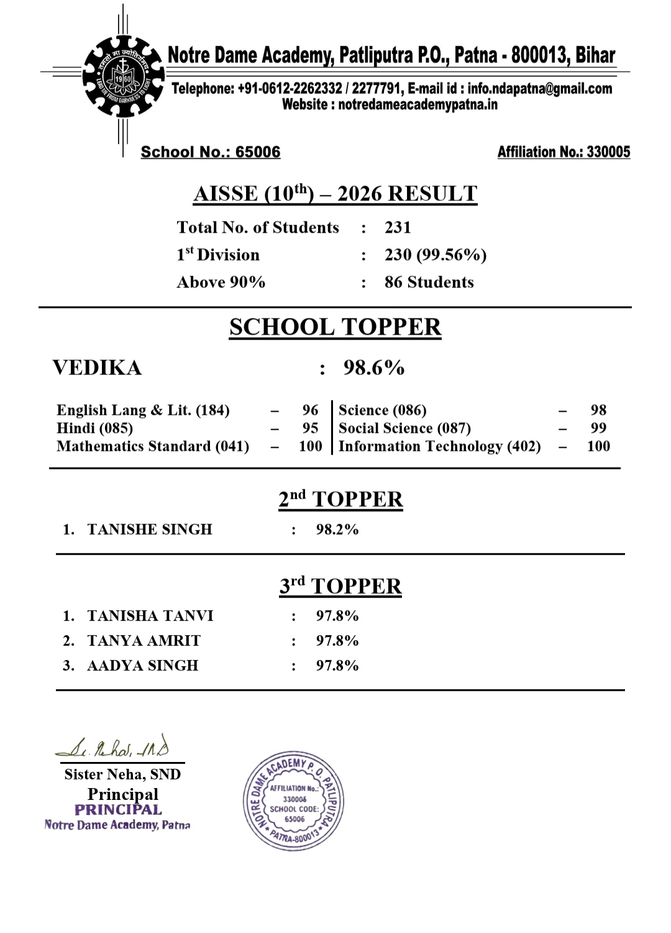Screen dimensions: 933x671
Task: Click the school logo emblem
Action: pyautogui.click(x=123, y=76)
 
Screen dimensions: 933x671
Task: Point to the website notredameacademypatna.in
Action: pyautogui.click(x=418, y=104)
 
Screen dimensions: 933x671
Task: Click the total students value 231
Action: pyautogui.click(x=398, y=228)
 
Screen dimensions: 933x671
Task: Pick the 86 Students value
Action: pyautogui.click(x=429, y=282)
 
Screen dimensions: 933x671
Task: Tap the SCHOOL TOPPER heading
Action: pyautogui.click(x=335, y=327)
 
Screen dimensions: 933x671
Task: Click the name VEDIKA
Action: pyautogui.click(x=97, y=368)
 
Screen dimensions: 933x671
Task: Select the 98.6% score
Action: pyautogui.click(x=374, y=368)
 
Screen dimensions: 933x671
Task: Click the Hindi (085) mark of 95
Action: pyautogui.click(x=310, y=428)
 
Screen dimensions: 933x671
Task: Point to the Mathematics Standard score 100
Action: pyautogui.click(x=310, y=446)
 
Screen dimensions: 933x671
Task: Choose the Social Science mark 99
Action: pyautogui.click(x=598, y=428)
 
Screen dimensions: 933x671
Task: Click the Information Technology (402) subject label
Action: pyautogui.click(x=439, y=446)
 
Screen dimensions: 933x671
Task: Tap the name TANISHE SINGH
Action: pyautogui.click(x=150, y=529)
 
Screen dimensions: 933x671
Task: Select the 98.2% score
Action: pyautogui.click(x=337, y=529)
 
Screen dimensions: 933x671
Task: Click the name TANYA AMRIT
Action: pyautogui.click(x=144, y=641)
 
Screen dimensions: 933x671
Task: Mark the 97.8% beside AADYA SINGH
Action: pyautogui.click(x=337, y=666)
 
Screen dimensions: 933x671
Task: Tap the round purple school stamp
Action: pyautogui.click(x=293, y=801)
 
